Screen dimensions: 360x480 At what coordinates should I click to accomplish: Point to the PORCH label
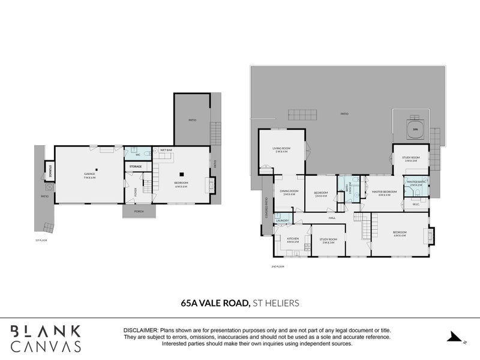(139, 211)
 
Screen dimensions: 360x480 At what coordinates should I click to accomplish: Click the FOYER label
(136, 192)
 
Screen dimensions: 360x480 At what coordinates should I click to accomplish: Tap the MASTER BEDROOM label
(381, 193)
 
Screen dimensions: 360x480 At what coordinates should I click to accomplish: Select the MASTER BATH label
(416, 183)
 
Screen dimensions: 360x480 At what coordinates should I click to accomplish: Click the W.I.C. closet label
(416, 204)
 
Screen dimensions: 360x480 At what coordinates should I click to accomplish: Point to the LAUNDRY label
(282, 221)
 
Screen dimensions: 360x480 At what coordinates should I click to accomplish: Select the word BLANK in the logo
(46, 331)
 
